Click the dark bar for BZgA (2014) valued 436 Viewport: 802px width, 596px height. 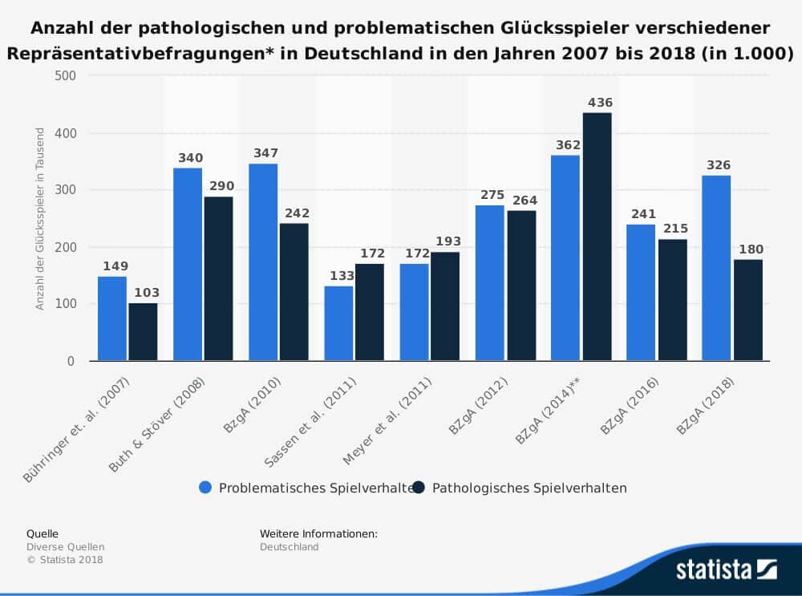[597, 237]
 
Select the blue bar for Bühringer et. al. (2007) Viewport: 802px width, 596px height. [112, 318]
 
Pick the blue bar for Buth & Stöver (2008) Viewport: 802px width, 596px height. [188, 264]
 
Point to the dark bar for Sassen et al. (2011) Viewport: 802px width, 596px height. [370, 312]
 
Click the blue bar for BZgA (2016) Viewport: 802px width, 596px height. [641, 292]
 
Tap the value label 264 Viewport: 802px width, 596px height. [521, 201]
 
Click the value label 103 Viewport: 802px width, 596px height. [144, 293]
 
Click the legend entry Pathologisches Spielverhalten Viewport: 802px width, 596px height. [529, 488]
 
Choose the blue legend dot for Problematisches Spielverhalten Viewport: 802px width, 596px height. [205, 488]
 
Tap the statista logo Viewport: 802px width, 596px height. [726, 570]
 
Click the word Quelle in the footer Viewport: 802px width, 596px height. [43, 533]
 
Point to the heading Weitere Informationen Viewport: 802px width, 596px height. [318, 533]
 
